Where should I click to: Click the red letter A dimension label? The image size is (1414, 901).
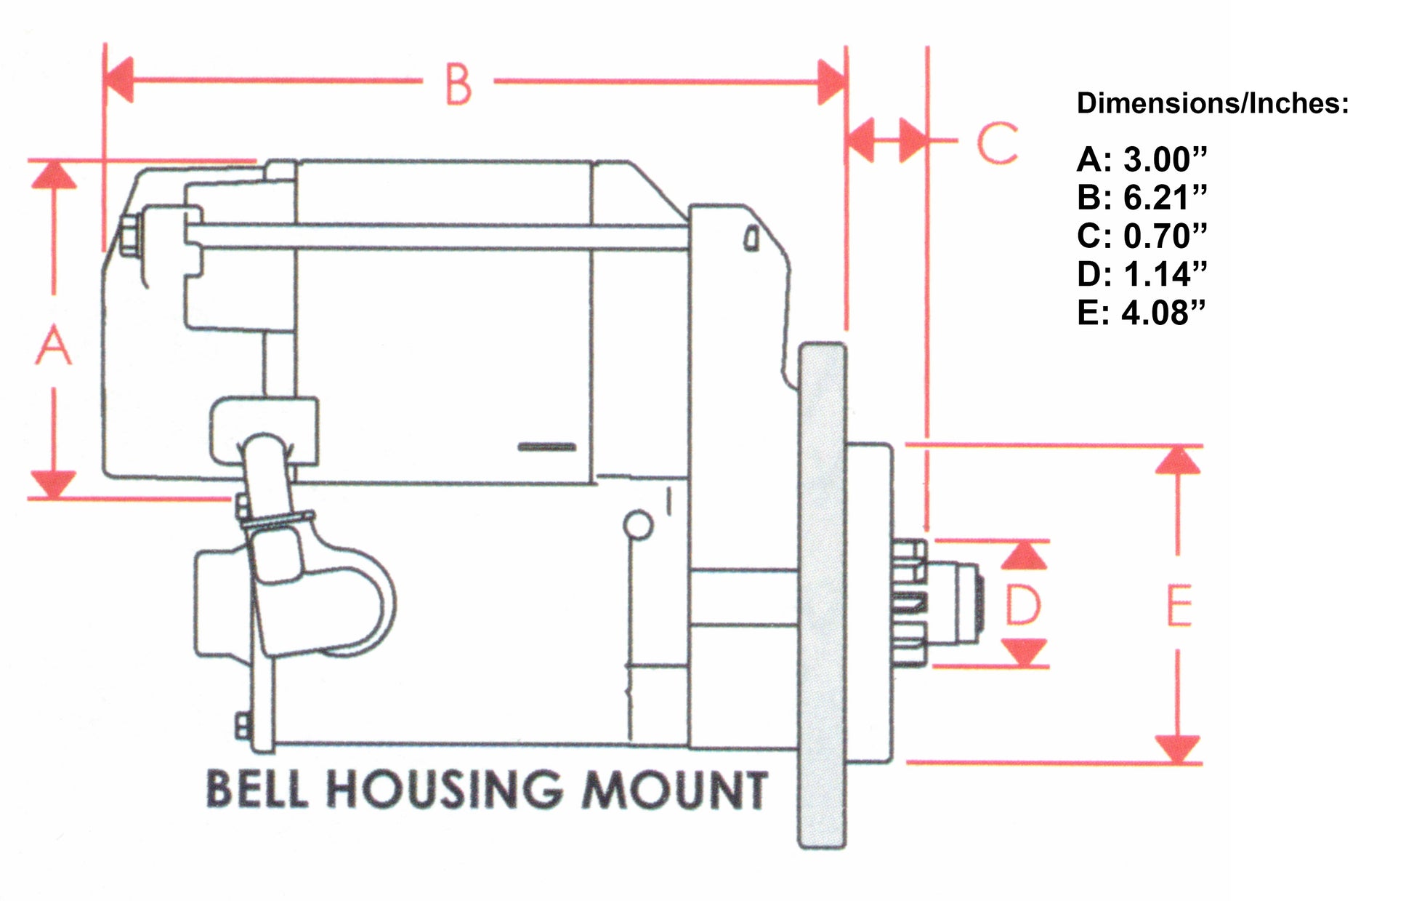54,345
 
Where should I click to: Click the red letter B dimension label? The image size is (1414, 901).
458,84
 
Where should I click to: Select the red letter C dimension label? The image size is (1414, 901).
996,143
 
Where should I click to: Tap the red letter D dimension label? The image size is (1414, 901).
1023,605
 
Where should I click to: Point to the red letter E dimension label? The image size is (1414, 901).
1179,605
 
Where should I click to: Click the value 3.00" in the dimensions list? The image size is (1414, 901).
1165,159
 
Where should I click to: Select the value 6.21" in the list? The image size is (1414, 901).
1165,198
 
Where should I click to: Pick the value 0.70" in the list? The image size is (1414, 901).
1165,236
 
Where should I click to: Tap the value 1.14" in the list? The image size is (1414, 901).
1165,275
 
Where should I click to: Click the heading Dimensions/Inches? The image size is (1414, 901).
1212,103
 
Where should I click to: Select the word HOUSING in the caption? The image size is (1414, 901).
443,789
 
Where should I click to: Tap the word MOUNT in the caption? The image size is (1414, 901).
674,790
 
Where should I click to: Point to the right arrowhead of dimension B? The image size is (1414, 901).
831,81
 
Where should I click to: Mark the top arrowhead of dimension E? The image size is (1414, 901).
1177,461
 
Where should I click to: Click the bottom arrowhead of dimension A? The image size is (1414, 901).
54,484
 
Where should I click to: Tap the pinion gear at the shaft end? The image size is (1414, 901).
910,603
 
